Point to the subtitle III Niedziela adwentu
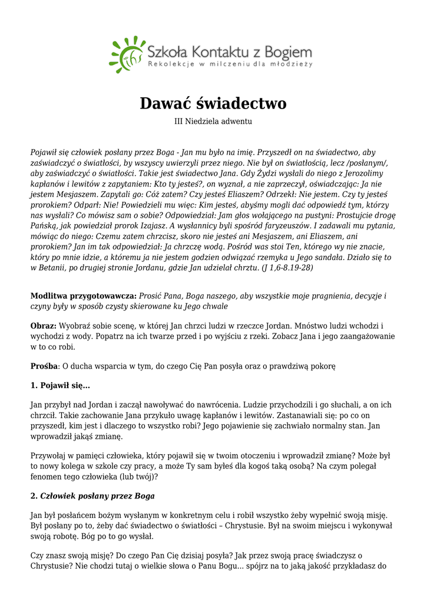pos(213,122)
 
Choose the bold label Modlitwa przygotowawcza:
pos(84,296)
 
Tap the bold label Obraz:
pos(44,326)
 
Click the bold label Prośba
pos(44,366)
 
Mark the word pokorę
pos(323,366)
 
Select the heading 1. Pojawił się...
pos(60,386)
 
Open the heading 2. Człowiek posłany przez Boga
pos(92,496)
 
